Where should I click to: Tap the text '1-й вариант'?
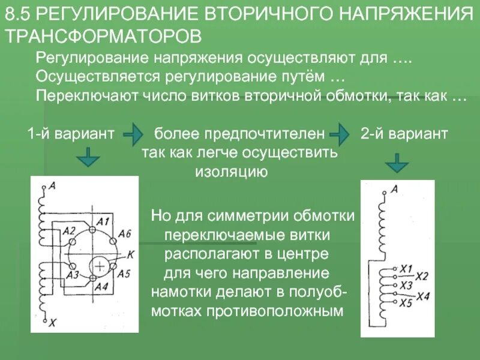(71, 134)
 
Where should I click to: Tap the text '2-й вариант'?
(404, 134)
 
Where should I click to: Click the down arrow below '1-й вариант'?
(88, 158)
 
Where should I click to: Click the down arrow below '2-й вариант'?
(397, 161)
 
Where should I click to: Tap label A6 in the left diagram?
(125, 233)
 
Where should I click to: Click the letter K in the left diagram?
(130, 254)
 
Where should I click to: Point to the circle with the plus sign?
(100, 266)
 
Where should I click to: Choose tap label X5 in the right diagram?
(406, 302)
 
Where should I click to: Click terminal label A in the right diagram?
(394, 189)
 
